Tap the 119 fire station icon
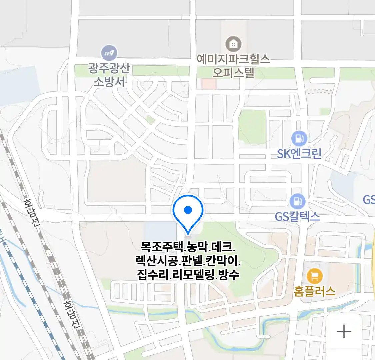pos(109,53)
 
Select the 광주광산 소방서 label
pos(109,75)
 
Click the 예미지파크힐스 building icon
pos(233,44)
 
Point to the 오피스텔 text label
pos(233,72)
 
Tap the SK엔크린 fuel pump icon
pos(299,138)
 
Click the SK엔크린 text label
pos(299,154)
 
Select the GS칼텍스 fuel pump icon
pos(297,201)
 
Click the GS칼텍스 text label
pos(297,217)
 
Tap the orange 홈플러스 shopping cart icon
pos(314,276)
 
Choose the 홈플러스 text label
pos(314,291)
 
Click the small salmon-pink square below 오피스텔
pos(209,84)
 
